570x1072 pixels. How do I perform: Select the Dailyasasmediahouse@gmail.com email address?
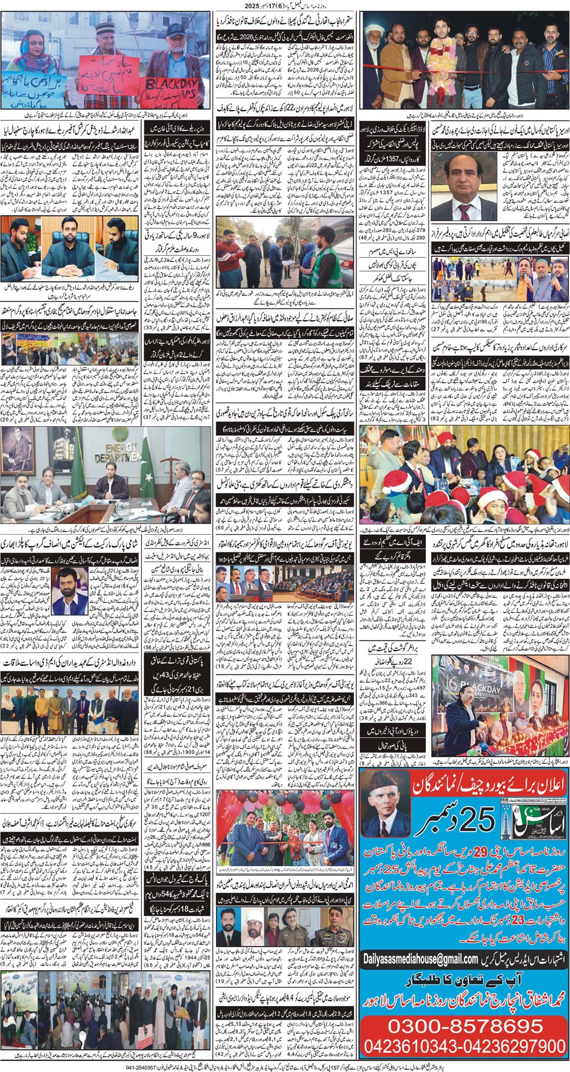pos(421,960)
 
